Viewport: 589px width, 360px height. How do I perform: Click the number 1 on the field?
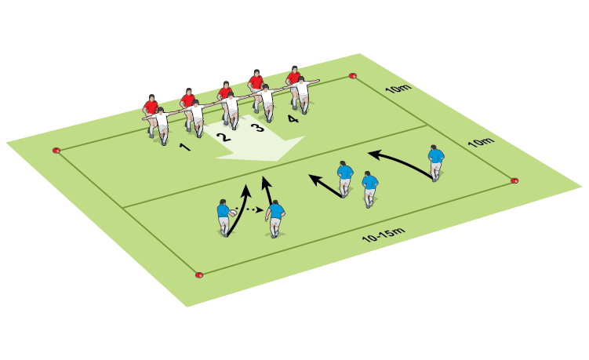pyautogui.click(x=185, y=147)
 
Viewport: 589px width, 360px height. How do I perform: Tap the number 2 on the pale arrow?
pyautogui.click(x=224, y=137)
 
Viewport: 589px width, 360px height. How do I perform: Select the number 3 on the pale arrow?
pyautogui.click(x=258, y=127)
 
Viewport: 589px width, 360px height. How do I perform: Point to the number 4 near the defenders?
pyautogui.click(x=293, y=119)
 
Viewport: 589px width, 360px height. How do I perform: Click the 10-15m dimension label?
pyautogui.click(x=384, y=234)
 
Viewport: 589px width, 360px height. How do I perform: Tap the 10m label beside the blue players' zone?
pyautogui.click(x=481, y=142)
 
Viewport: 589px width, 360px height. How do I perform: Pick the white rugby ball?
pyautogui.click(x=233, y=213)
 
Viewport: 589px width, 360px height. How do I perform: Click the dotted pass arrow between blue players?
pyautogui.click(x=250, y=209)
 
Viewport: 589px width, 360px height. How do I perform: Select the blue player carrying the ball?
pyautogui.click(x=224, y=218)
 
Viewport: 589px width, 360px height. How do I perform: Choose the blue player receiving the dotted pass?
pyautogui.click(x=275, y=219)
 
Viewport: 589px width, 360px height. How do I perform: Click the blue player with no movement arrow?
pyautogui.click(x=370, y=189)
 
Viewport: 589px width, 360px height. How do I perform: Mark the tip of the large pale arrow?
pyautogui.click(x=276, y=162)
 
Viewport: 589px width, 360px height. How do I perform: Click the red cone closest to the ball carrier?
pyautogui.click(x=199, y=275)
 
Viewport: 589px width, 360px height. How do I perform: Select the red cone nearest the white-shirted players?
pyautogui.click(x=353, y=76)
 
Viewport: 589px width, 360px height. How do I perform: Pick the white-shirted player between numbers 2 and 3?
pyautogui.click(x=232, y=110)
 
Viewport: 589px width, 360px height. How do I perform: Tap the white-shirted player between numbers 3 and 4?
pyautogui.click(x=267, y=102)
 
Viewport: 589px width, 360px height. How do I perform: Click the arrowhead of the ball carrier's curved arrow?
pyautogui.click(x=246, y=189)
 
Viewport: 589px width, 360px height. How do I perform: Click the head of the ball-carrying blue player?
pyautogui.click(x=223, y=202)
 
